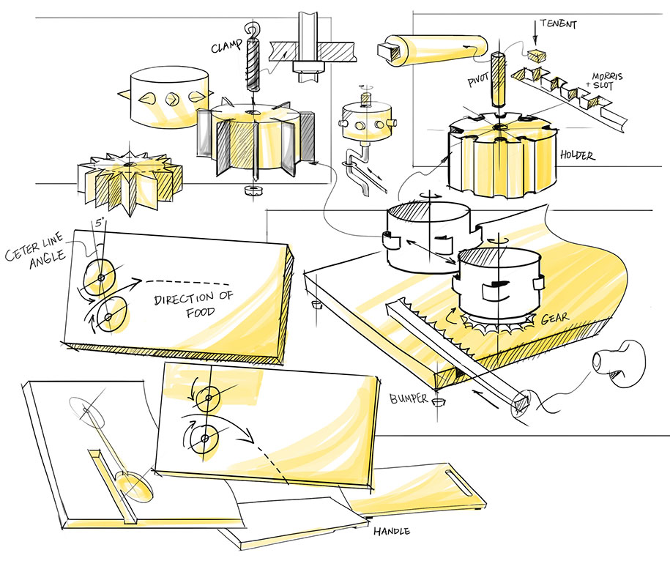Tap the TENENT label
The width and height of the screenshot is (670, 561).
560,24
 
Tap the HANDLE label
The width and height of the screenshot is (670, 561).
392,531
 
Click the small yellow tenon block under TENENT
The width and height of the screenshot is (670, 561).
537,56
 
